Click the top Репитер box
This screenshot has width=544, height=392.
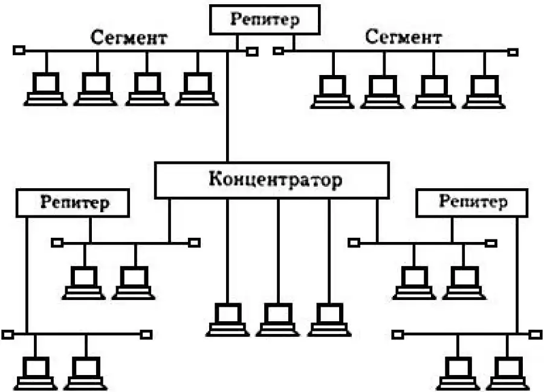264,20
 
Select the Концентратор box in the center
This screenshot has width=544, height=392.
271,180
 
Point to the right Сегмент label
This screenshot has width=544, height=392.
403,38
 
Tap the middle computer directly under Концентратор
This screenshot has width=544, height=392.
277,319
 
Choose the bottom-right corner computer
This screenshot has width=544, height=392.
508,373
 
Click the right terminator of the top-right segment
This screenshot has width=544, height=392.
513,52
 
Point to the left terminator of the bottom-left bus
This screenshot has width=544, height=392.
8,334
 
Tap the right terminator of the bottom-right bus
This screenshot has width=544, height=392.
536,333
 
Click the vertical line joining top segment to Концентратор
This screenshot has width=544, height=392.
228,109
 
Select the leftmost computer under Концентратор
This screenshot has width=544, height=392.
227,319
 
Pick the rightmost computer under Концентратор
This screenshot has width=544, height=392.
329,319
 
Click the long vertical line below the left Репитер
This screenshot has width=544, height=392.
27,272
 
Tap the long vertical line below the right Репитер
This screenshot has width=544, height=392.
517,272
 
